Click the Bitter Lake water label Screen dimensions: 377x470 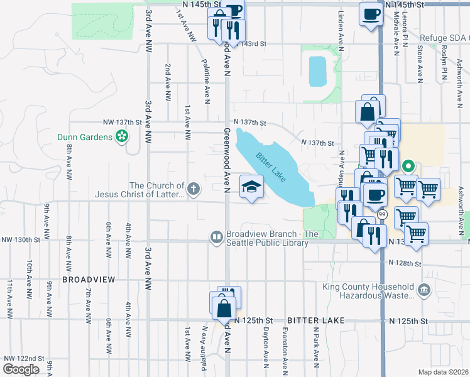[271, 167]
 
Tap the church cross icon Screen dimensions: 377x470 [194, 187]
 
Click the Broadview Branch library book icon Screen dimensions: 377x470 [216, 237]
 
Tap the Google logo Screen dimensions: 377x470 [21, 369]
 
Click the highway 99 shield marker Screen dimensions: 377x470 [383, 215]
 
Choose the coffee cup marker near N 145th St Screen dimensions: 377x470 [369, 13]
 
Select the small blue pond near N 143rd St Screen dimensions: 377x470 [317, 71]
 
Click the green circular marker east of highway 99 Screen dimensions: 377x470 [408, 167]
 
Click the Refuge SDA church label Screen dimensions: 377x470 [444, 38]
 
